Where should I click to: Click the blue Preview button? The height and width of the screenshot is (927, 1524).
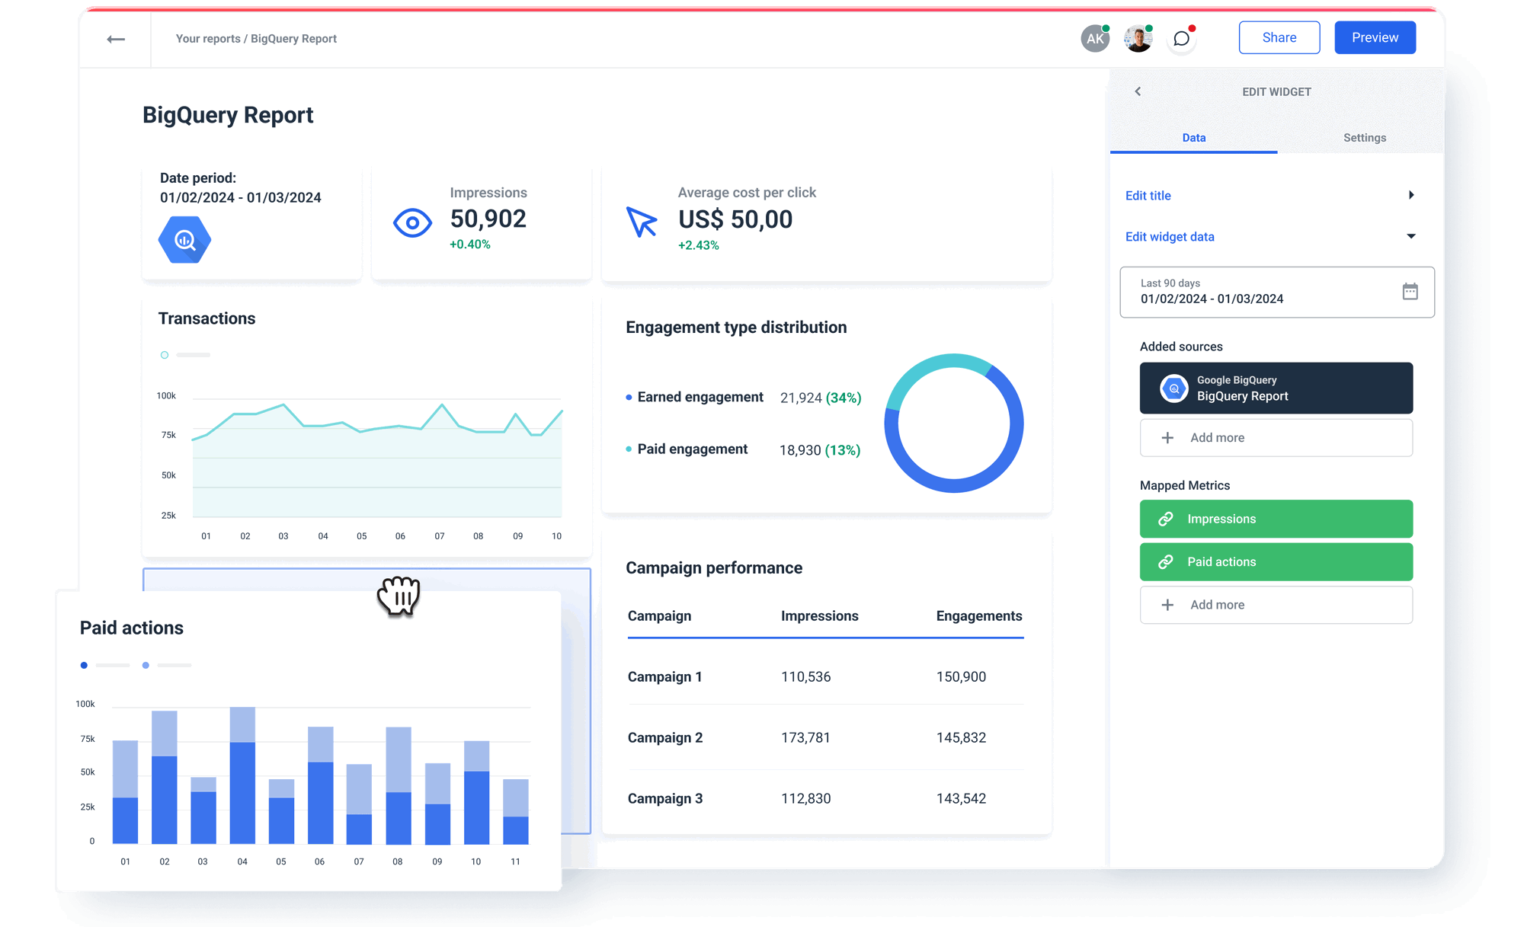click(x=1375, y=38)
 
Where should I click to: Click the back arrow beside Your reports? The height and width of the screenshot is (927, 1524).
click(x=116, y=39)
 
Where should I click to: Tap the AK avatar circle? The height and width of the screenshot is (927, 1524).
click(x=1095, y=39)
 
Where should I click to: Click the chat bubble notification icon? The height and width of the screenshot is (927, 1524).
click(x=1182, y=39)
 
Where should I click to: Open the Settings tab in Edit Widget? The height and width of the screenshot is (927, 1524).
click(x=1364, y=138)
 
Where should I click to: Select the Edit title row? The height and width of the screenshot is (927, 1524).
click(x=1269, y=196)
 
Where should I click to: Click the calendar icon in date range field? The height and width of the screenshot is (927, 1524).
click(x=1410, y=292)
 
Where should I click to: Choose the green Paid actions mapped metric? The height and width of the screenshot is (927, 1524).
click(x=1276, y=562)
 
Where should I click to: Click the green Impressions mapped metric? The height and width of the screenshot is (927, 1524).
click(x=1276, y=519)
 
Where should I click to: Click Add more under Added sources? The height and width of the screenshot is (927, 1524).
click(x=1276, y=438)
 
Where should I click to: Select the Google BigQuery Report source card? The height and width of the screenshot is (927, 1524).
click(x=1276, y=388)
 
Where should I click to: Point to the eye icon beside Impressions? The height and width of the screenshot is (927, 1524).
click(x=412, y=223)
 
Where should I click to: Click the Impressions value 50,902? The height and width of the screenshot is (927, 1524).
click(x=488, y=219)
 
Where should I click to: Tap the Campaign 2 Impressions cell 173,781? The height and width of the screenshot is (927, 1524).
click(x=805, y=738)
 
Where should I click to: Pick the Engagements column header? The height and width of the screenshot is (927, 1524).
click(x=978, y=616)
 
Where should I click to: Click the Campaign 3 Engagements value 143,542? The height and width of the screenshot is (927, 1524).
click(x=961, y=799)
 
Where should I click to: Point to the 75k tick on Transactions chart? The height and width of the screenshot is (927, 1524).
click(x=168, y=436)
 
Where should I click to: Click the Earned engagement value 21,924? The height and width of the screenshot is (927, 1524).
click(x=800, y=398)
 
